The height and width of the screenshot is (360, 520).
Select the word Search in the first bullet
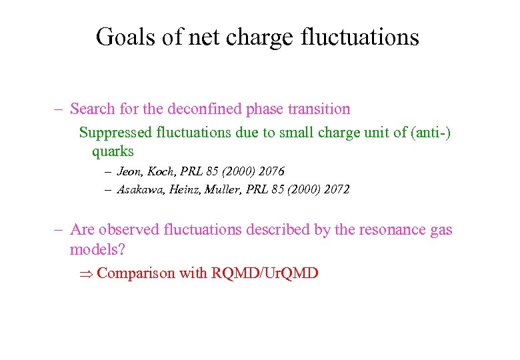(91, 109)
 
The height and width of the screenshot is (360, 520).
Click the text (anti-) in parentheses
(431, 133)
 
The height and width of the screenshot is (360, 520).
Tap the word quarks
(113, 152)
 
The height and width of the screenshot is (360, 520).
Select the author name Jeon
(130, 172)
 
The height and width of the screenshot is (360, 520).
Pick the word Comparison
(136, 273)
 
